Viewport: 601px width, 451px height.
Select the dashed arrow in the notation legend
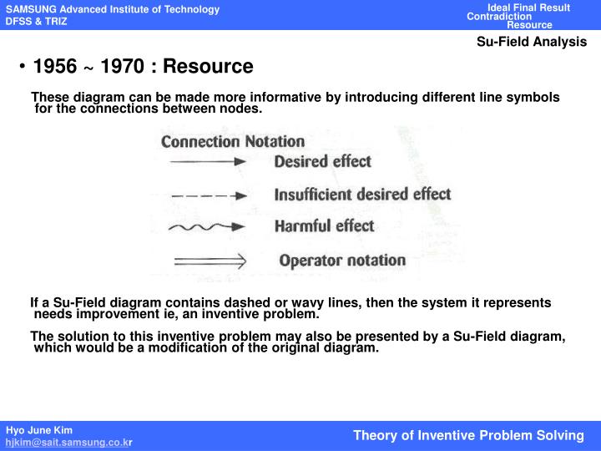pyautogui.click(x=207, y=196)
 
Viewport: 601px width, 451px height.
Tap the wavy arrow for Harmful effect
pyautogui.click(x=207, y=227)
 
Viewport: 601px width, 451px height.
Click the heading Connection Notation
pyautogui.click(x=232, y=141)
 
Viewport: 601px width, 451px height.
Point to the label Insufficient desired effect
pyautogui.click(x=362, y=195)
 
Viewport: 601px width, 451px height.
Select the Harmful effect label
pyautogui.click(x=324, y=226)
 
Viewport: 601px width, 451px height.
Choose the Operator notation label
pyautogui.click(x=342, y=261)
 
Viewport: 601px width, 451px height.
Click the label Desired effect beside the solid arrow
pyautogui.click(x=322, y=161)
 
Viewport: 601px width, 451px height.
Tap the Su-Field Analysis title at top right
pyautogui.click(x=532, y=42)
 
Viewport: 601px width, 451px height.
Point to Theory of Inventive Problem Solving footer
pyautogui.click(x=468, y=435)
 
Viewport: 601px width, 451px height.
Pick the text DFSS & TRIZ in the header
pyautogui.click(x=37, y=21)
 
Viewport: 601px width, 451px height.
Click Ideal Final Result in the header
pyautogui.click(x=528, y=8)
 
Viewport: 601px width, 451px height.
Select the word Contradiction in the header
pyautogui.click(x=499, y=17)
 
